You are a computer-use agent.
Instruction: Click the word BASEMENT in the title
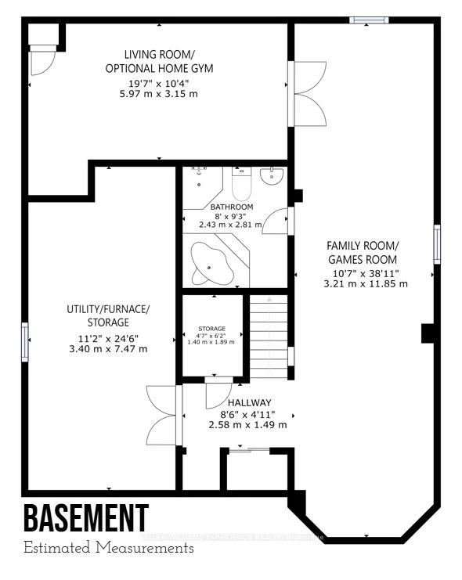click(x=85, y=518)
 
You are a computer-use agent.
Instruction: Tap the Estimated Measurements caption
click(x=108, y=548)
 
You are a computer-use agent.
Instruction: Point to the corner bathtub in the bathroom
click(x=213, y=264)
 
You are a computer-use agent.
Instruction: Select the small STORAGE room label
click(x=211, y=329)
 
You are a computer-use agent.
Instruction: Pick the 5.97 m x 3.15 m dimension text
click(x=159, y=94)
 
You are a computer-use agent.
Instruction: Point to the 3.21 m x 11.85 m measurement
click(x=366, y=284)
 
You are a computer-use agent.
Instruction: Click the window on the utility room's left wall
click(x=25, y=342)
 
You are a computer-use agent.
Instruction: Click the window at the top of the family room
click(x=368, y=20)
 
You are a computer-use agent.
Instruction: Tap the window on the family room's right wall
click(x=436, y=243)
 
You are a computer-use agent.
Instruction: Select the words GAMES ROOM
click(x=363, y=259)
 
